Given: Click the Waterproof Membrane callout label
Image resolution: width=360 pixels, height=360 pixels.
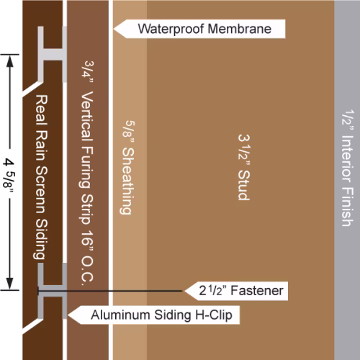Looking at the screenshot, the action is point(199,29).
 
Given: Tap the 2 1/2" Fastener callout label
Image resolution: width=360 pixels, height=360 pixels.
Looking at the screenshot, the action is point(236,291).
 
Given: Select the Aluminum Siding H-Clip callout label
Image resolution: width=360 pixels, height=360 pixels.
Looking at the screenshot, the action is point(153,315).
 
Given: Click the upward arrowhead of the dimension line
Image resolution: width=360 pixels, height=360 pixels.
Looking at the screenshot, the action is point(9,61).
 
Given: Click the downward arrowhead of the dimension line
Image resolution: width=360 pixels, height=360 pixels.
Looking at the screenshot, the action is point(9,283).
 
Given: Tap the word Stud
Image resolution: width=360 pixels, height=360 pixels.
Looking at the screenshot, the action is point(244,185).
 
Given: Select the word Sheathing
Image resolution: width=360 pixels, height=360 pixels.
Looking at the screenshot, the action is point(127,181).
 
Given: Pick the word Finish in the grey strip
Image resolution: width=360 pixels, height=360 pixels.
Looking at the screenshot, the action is point(348,207).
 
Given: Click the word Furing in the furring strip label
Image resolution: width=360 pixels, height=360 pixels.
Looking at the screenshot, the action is point(86,168).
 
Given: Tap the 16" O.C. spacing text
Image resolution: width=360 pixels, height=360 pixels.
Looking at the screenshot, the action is point(87,258).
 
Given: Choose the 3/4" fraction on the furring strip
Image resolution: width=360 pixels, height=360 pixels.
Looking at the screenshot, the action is point(88,72).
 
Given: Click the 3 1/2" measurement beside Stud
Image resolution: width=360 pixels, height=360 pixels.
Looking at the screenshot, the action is point(244,150).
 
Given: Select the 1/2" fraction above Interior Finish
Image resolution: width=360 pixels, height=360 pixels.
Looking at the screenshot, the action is point(348,120).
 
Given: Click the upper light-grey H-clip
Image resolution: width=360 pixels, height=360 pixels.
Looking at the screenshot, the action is point(53,54).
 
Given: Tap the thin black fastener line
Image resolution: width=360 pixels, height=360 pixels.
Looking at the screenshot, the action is point(110,291).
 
